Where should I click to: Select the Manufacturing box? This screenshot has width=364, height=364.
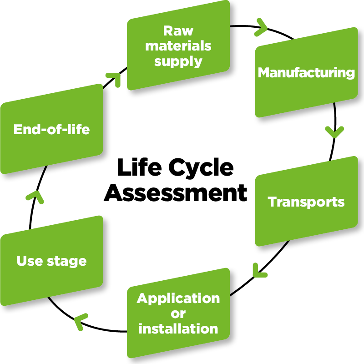click(306, 77)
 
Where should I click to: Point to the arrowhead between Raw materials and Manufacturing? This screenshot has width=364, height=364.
click(262, 26)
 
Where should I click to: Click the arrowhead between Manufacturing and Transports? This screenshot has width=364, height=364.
click(334, 131)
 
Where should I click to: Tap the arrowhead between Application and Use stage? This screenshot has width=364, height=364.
click(81, 320)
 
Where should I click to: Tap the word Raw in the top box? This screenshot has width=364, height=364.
click(178, 31)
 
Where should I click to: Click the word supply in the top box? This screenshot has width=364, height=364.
click(178, 61)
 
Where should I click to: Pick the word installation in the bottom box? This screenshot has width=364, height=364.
click(178, 329)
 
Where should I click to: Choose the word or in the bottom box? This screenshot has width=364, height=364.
click(178, 313)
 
